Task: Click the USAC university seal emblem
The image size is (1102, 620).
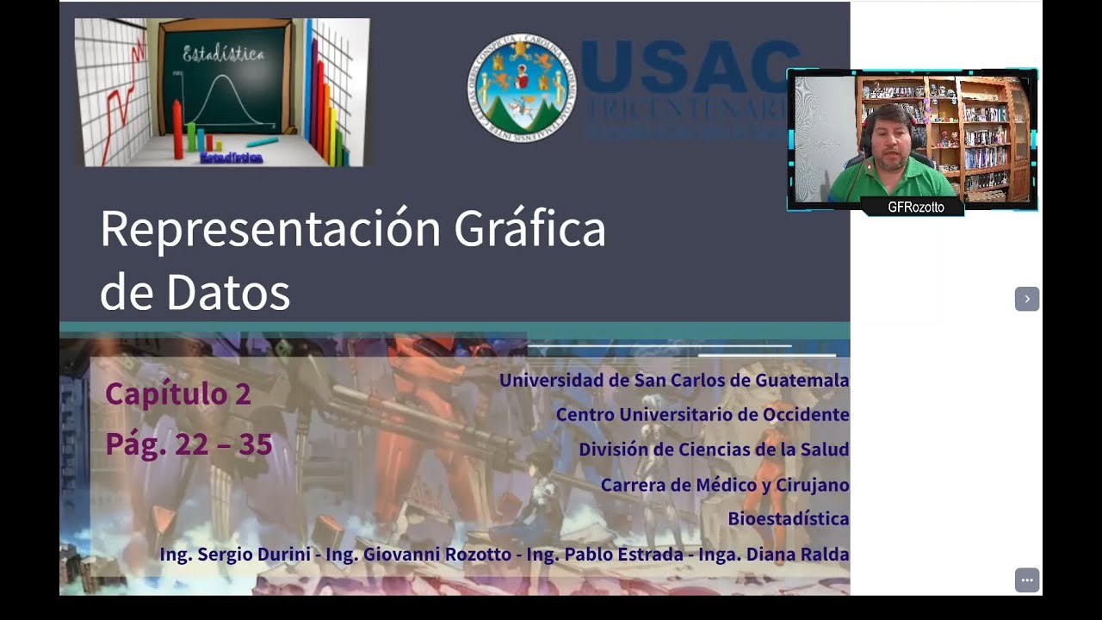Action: pos(520,89)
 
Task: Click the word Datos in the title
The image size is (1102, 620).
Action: pos(228,293)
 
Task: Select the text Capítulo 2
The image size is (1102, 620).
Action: pos(178,394)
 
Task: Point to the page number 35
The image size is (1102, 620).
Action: pos(256,444)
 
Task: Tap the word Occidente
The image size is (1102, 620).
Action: pos(805,414)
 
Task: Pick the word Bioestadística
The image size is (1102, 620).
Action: pos(789,519)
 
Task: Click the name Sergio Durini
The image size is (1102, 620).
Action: pos(254,555)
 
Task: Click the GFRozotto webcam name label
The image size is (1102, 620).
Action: pos(915,208)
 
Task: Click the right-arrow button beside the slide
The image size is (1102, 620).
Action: pos(1026,299)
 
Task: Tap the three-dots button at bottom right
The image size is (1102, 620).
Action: pos(1026,580)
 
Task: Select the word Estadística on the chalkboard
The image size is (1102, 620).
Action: pos(224,55)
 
